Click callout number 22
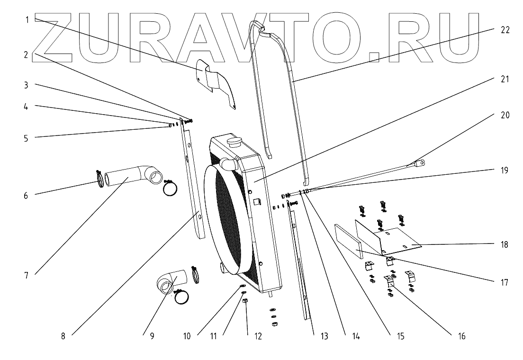pos(505,30)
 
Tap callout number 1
pos(28,19)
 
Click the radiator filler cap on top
pos(234,141)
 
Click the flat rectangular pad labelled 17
pos(348,242)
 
